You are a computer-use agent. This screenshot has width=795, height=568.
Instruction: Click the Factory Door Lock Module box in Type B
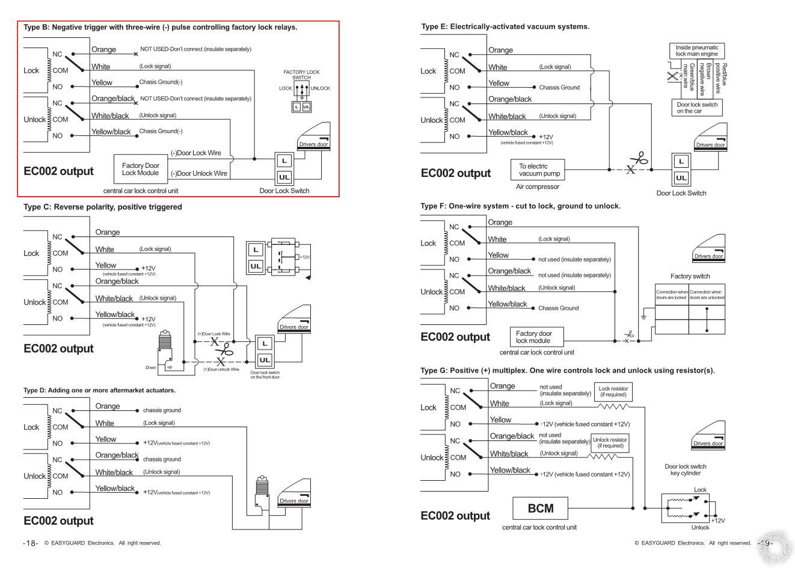pos(141,169)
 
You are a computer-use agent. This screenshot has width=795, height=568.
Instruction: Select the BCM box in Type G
pos(540,508)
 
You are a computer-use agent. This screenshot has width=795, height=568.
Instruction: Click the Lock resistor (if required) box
pos(613,392)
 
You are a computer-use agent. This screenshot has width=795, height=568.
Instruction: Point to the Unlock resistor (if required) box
pos(610,442)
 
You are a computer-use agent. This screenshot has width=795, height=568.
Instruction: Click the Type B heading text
pos(160,27)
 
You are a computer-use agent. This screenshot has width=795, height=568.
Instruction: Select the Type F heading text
pos(520,206)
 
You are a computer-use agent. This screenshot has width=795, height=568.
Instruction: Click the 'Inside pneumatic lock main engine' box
pos(696,51)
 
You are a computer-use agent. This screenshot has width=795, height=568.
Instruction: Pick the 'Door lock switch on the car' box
pos(697,108)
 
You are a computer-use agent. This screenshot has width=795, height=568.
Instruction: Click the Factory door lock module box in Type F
pos(533,337)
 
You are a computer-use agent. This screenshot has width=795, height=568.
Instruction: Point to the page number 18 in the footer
pos(31,543)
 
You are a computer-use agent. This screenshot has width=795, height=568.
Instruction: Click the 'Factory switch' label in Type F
pos(690,276)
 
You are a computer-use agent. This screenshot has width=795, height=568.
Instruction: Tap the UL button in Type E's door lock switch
pos(681,177)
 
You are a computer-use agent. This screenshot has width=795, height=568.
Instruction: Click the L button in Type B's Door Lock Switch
pos(284,161)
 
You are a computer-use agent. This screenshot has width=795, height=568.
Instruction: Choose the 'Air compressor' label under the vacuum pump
pos(538,187)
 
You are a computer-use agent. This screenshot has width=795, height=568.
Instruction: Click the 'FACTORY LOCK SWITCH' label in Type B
pos(301,75)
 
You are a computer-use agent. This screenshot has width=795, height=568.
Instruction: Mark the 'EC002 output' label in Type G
pos(455,516)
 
